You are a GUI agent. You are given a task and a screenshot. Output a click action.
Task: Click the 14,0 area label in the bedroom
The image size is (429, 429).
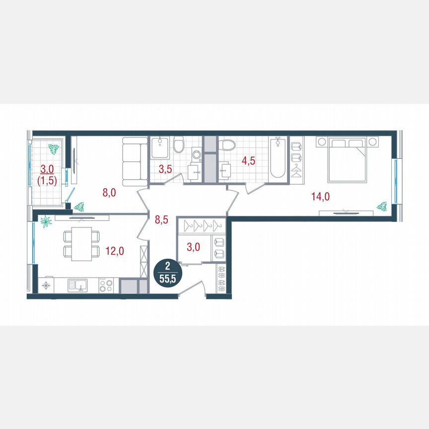[x=321, y=197]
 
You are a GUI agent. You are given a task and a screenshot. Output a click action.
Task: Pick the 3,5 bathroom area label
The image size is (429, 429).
[x=165, y=169]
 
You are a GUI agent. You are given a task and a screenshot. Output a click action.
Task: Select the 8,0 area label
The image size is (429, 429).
[x=109, y=193]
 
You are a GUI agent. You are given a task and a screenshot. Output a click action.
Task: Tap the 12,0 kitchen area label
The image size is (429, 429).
[x=115, y=251]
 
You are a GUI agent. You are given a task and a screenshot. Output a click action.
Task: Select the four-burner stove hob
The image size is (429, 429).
[x=105, y=285]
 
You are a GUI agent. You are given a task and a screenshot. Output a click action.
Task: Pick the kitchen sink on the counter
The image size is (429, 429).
[x=78, y=285]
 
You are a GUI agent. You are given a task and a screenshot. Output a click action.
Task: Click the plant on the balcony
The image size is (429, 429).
[x=53, y=148]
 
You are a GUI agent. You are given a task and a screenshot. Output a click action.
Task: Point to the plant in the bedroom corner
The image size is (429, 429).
[x=382, y=205]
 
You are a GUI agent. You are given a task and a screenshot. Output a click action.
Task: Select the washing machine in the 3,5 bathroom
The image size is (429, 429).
[x=196, y=154]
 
